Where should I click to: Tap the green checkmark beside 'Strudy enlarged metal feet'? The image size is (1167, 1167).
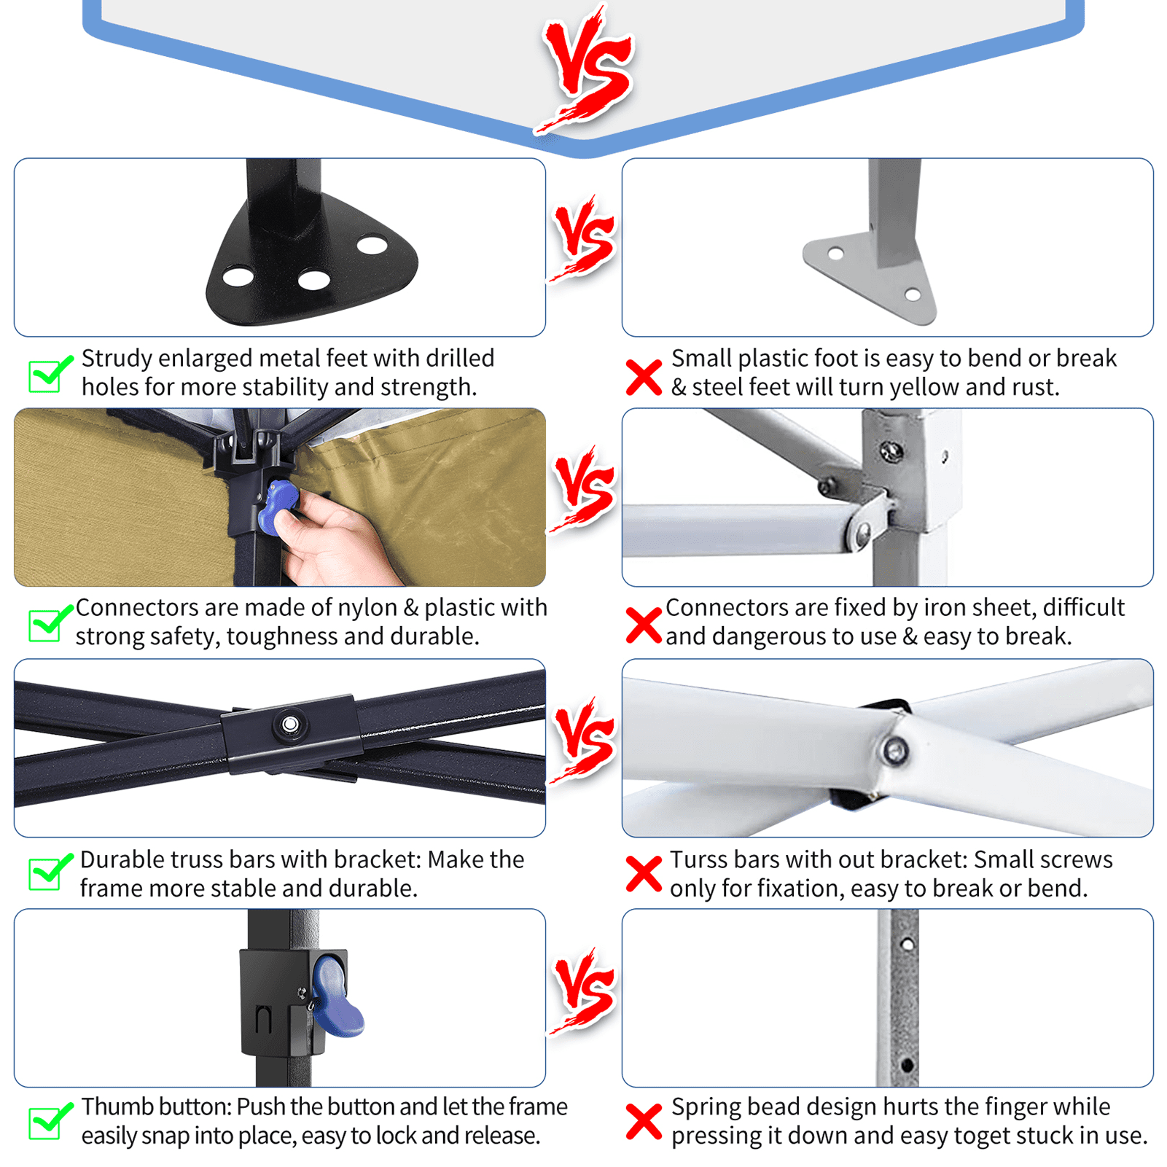point(50,375)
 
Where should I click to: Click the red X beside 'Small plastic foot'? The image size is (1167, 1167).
point(644,378)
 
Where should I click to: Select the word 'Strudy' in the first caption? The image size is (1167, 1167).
point(117,359)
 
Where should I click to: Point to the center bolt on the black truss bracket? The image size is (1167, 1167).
point(290,725)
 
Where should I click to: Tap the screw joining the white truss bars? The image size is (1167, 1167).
point(894,750)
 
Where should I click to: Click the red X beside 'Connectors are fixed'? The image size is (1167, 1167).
point(644,626)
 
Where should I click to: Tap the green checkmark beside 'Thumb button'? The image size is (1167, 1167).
point(50,1120)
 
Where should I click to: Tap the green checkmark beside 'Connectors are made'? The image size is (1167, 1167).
point(50,624)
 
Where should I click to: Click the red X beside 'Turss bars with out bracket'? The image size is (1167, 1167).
point(644,874)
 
